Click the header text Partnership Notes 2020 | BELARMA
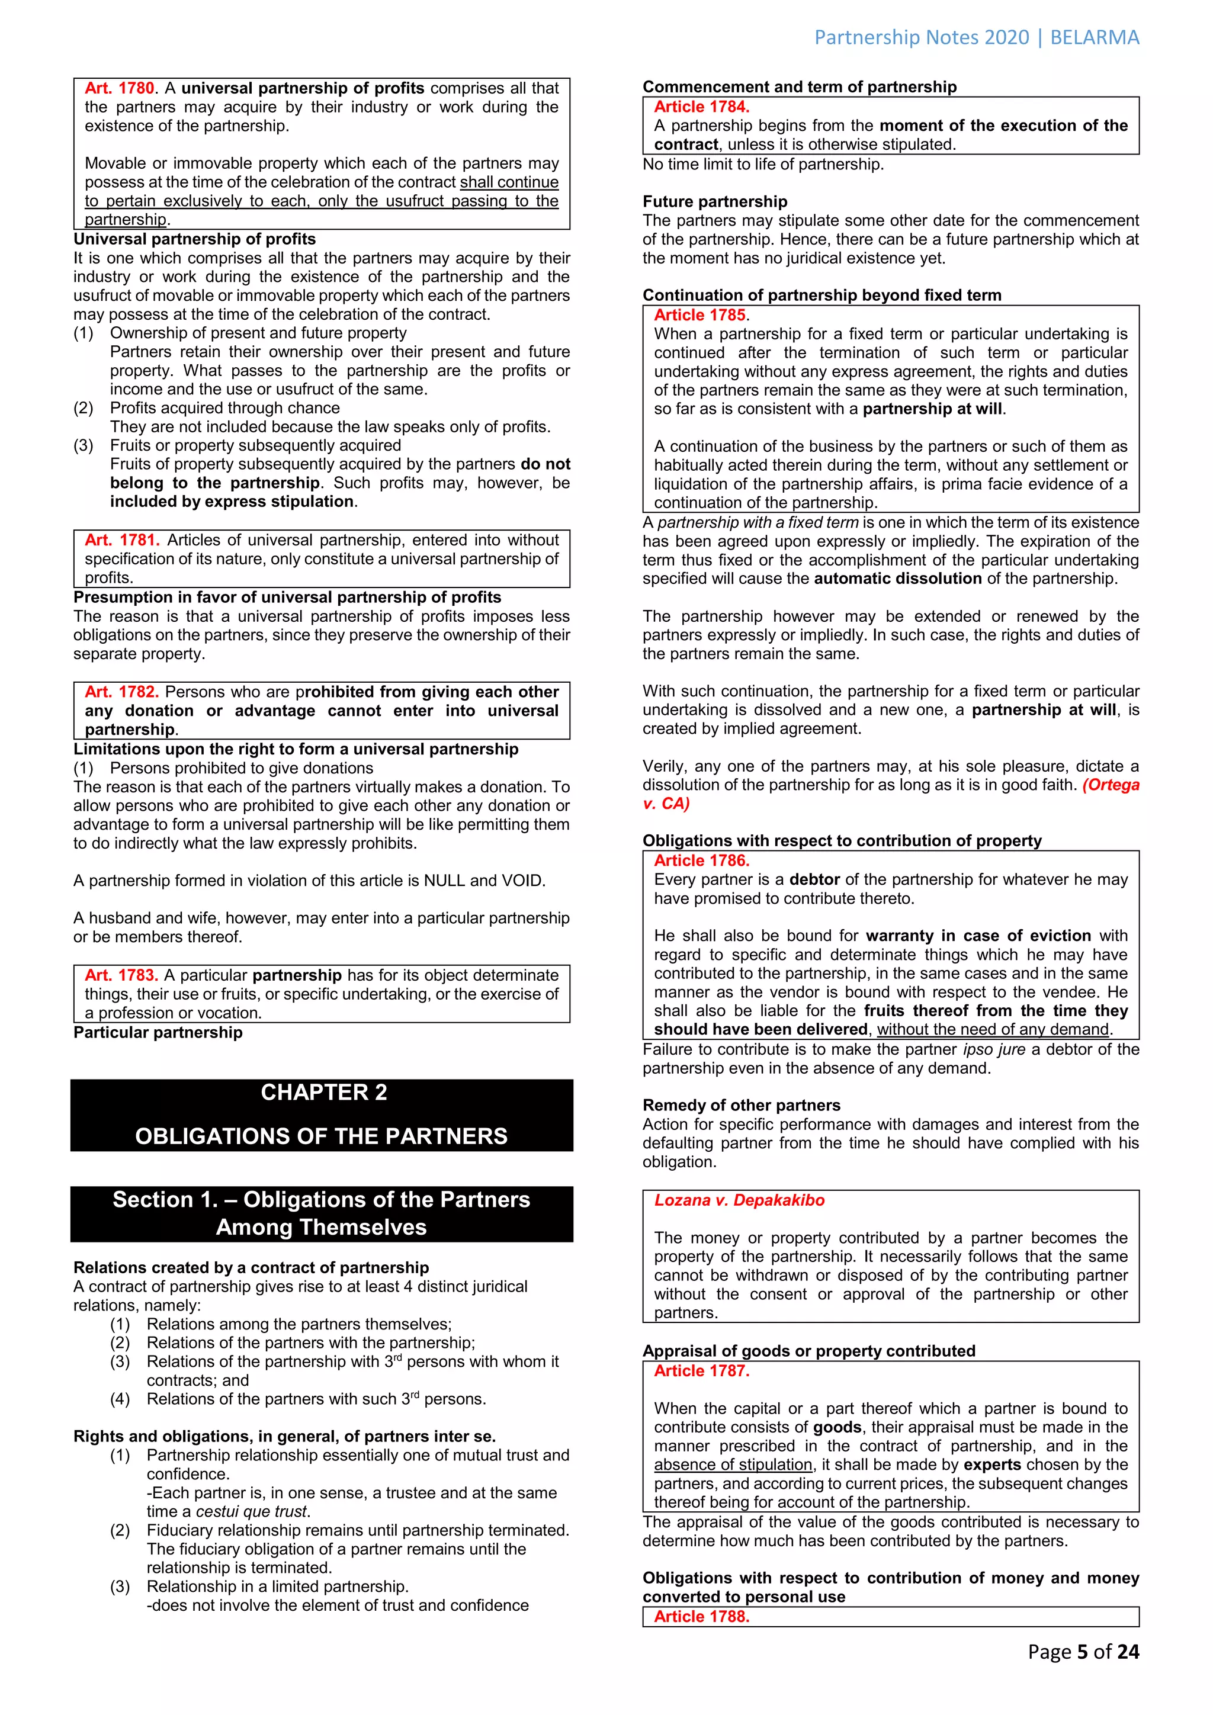[x=976, y=37]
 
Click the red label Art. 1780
[x=120, y=88]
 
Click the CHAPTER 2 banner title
[x=323, y=1092]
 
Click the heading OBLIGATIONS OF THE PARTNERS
[x=321, y=1135]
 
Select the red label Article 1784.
[x=701, y=107]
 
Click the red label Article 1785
[x=700, y=315]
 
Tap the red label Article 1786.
[x=701, y=860]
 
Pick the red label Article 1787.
[x=701, y=1371]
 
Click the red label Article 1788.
[x=701, y=1617]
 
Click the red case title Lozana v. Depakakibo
[x=739, y=1200]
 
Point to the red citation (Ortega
[x=1111, y=785]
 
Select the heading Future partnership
[x=715, y=202]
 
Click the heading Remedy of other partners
[x=741, y=1106]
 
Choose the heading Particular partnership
[x=158, y=1032]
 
